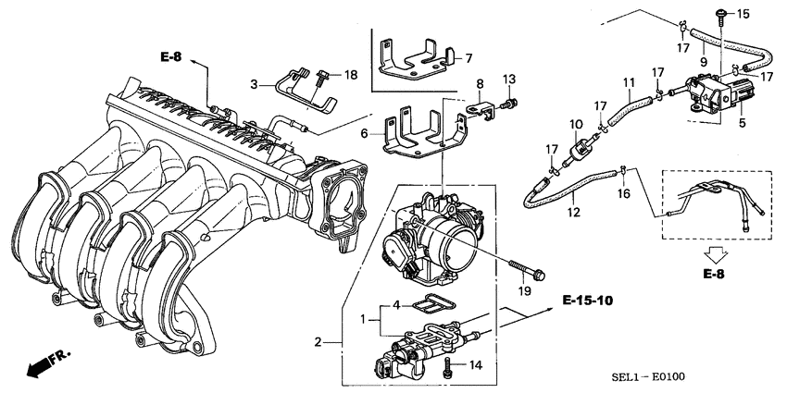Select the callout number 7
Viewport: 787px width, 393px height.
pos(468,57)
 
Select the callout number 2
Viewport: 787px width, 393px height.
pos(319,342)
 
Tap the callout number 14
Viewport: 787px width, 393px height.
pos(476,365)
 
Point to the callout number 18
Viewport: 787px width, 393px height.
pos(350,74)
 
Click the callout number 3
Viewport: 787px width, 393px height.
pos(253,84)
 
